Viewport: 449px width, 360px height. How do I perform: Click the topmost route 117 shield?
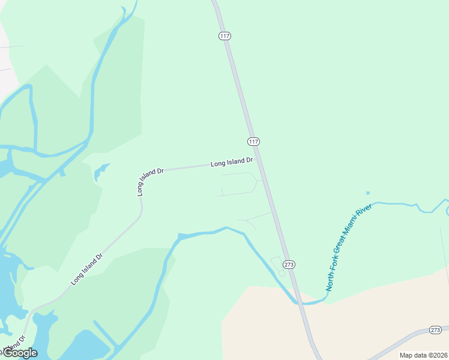[224, 36]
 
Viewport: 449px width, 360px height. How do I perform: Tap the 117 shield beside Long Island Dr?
[253, 142]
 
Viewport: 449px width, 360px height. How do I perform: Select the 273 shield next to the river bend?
[289, 265]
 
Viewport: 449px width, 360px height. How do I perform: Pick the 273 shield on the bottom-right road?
[436, 330]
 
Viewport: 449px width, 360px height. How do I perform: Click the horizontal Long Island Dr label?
[232, 162]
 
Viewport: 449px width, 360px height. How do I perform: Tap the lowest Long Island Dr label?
[87, 268]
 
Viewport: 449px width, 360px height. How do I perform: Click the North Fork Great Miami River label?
[349, 247]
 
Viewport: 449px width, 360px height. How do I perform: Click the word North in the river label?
[330, 281]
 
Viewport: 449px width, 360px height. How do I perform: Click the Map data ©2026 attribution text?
[423, 355]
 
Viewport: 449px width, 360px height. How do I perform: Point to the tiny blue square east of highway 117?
[368, 193]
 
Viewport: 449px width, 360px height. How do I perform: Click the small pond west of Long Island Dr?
[100, 172]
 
